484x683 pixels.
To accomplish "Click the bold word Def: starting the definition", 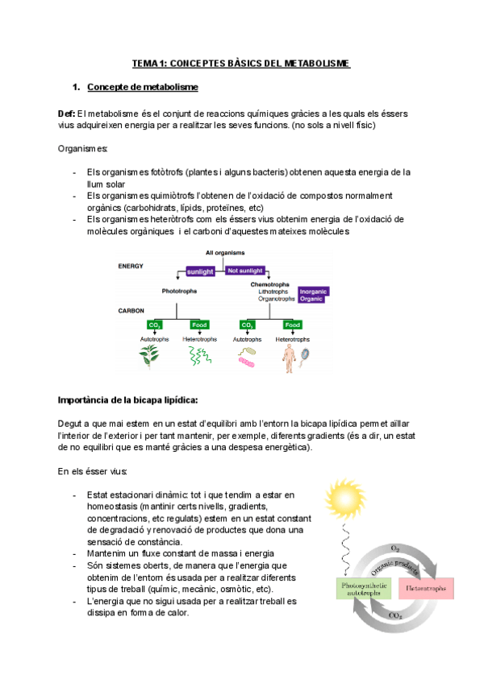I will (x=67, y=114).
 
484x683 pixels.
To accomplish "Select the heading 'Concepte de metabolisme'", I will (x=142, y=86).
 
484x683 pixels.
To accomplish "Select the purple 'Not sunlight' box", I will (x=245, y=271).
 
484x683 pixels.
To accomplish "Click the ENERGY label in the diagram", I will (x=131, y=265).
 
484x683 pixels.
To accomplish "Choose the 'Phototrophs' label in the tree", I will (x=180, y=291).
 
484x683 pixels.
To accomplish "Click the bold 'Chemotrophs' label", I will (x=269, y=284).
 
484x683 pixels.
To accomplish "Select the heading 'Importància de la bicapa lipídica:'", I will (x=128, y=400).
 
